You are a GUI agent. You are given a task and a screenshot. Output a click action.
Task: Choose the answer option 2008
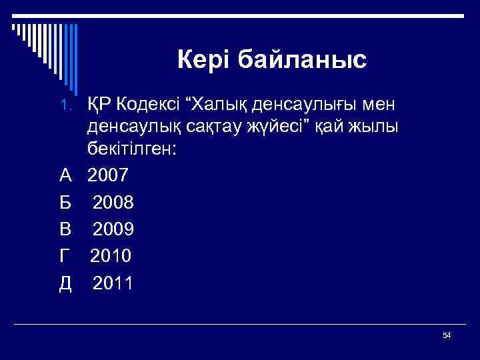tap(113, 202)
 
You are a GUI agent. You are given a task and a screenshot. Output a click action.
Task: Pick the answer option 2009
tap(113, 229)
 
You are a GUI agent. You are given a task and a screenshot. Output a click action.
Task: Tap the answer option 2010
tap(111, 255)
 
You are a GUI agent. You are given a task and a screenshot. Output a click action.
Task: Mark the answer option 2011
tap(113, 283)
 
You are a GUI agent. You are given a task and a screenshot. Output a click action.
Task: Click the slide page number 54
tap(447, 335)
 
